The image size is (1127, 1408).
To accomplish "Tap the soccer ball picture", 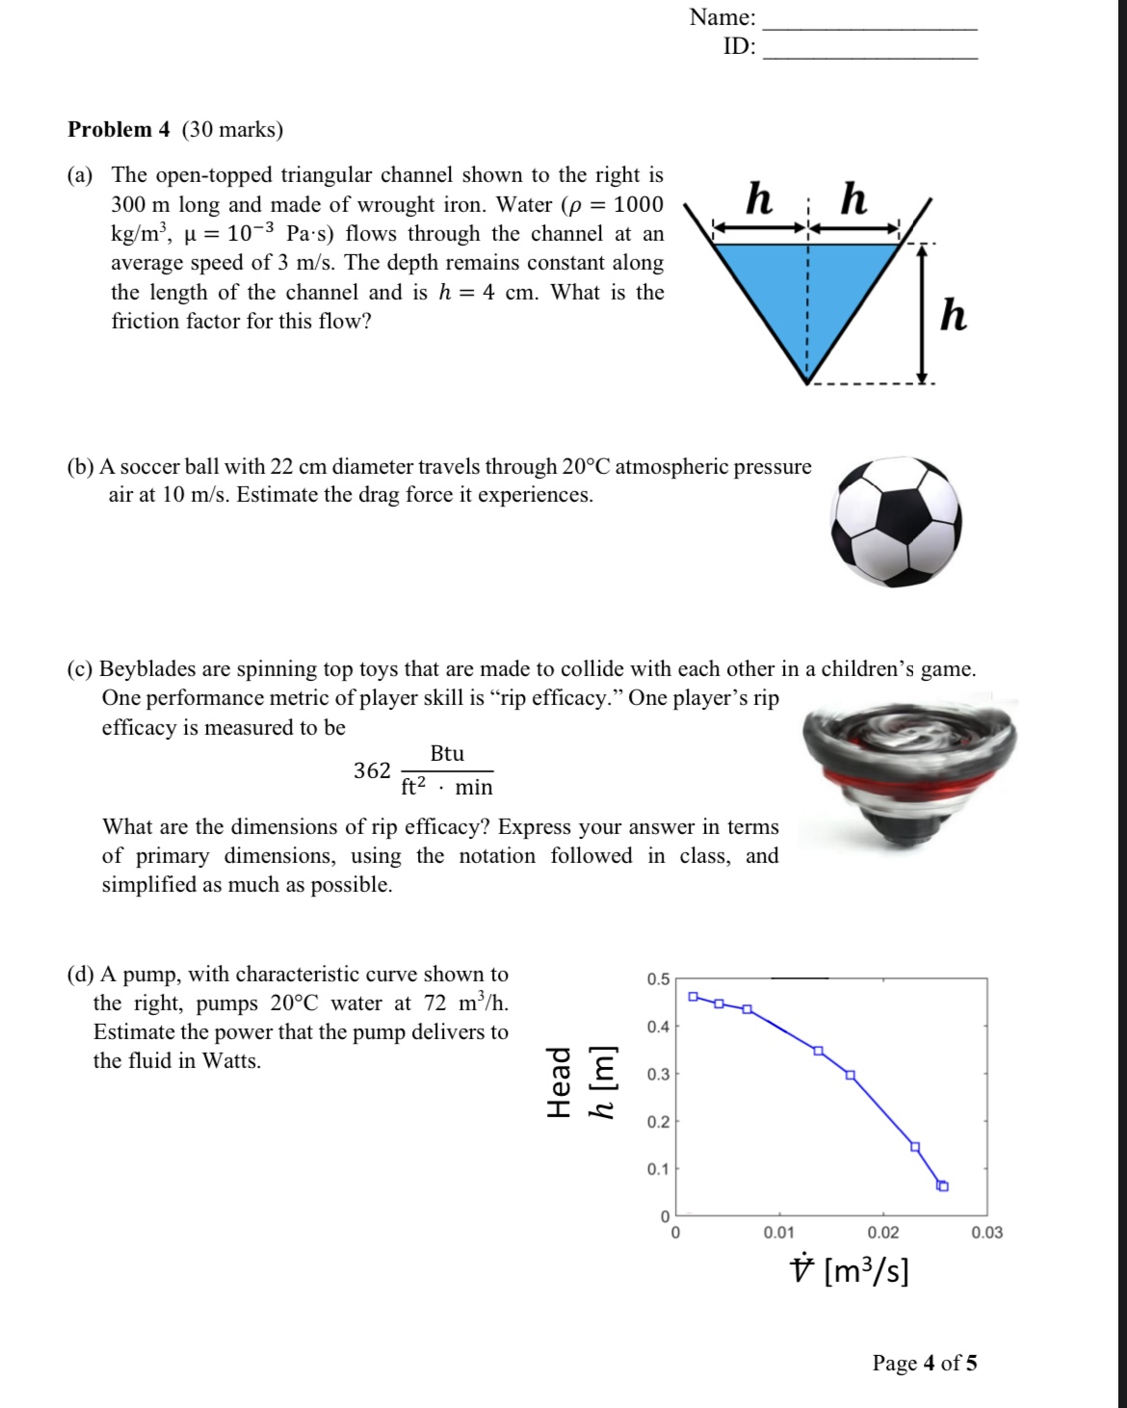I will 898,520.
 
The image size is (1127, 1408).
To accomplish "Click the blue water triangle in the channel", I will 807,289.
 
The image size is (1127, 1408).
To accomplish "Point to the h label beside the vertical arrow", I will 953,315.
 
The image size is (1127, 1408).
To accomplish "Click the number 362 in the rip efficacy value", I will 372,770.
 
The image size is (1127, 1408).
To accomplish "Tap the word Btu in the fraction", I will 447,754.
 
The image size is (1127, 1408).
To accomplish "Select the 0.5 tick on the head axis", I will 658,979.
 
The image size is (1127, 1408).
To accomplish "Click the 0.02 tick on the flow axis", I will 882,1233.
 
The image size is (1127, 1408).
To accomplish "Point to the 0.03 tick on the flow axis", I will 986,1233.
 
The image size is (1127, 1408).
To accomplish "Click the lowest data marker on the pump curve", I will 943,1186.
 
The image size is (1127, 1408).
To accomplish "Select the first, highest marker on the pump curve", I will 693,996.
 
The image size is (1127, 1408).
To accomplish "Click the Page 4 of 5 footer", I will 924,1363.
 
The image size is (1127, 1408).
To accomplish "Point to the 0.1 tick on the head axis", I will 658,1169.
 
